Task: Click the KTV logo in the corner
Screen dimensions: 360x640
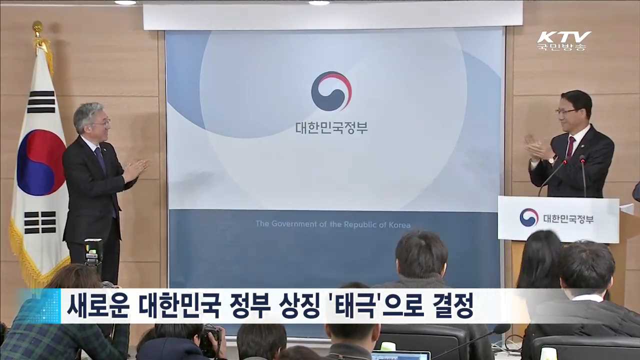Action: (564, 37)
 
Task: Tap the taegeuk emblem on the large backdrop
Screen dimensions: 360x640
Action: (331, 91)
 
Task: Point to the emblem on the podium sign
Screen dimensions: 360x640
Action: (528, 217)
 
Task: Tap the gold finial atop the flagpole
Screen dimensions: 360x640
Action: (37, 27)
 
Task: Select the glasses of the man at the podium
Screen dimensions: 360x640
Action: (567, 111)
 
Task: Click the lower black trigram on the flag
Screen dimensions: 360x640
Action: (40, 222)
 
